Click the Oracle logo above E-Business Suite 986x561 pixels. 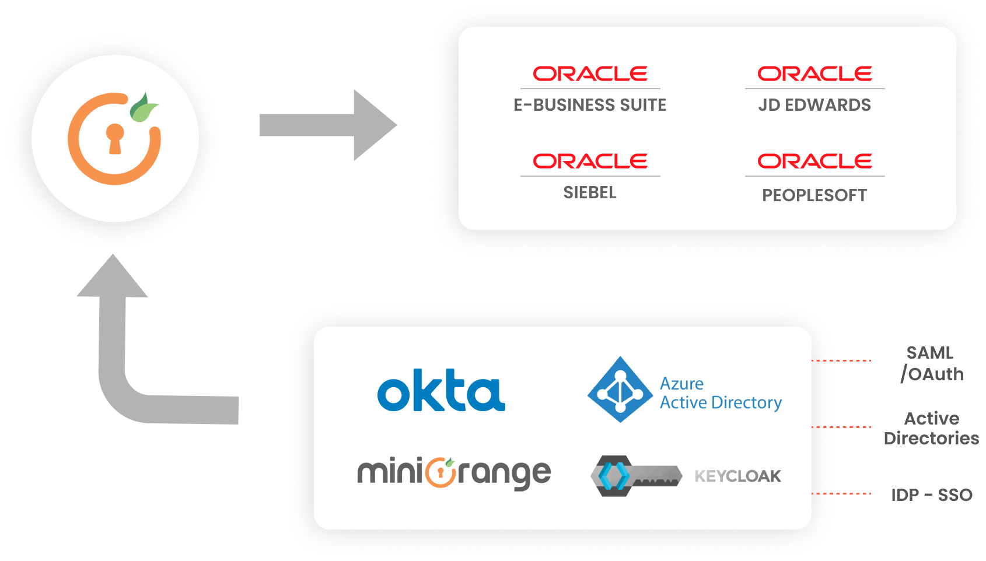(590, 73)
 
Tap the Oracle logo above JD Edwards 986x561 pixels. (814, 73)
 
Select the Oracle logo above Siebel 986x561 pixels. (590, 161)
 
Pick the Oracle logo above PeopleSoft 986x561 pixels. (814, 161)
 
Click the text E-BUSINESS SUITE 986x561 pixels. (590, 105)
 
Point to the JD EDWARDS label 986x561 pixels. (814, 105)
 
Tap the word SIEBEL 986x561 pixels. (590, 192)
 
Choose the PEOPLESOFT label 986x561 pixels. (814, 195)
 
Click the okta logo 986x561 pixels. (441, 391)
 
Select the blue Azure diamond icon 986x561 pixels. (620, 390)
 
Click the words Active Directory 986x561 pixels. (721, 403)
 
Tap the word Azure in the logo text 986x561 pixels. (681, 384)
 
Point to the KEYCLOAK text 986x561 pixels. (737, 476)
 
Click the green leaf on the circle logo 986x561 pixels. (143, 108)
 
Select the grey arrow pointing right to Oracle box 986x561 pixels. (344, 129)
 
